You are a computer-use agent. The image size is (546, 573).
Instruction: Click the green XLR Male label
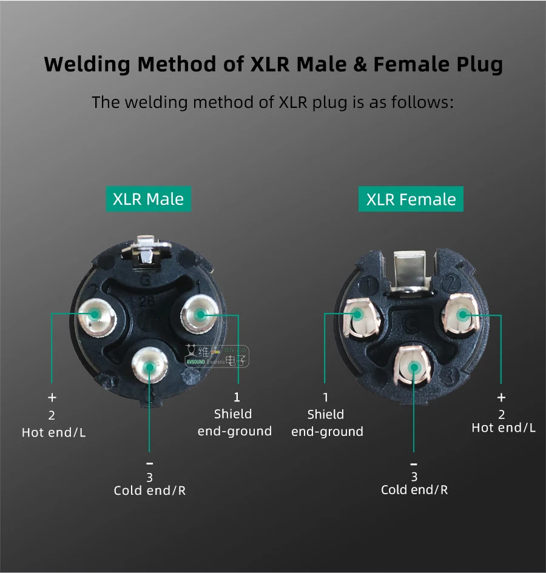tap(148, 199)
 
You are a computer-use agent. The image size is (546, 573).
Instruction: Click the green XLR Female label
tap(411, 199)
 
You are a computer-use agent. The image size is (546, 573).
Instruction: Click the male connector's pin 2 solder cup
tap(95, 315)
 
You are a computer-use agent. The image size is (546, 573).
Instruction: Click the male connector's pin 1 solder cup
tap(200, 314)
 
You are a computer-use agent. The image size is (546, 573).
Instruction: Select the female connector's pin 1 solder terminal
tap(359, 316)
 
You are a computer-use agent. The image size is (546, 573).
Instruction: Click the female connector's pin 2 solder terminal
tap(462, 314)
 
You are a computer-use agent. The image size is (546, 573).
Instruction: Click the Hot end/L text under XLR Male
tap(53, 432)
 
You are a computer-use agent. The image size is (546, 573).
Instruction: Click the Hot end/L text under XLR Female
tap(504, 427)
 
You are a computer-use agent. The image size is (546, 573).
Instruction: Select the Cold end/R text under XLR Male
tap(150, 490)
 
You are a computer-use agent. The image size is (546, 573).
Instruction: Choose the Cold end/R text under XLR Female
tap(414, 489)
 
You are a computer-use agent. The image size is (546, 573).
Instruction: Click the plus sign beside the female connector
tap(501, 398)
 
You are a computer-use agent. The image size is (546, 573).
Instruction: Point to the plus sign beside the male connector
tap(52, 398)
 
